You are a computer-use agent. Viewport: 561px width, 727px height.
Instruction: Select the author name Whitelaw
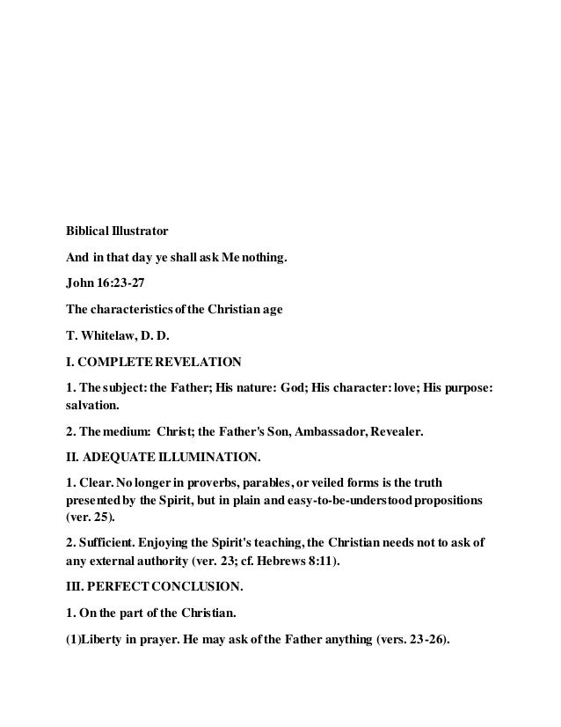(x=109, y=335)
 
